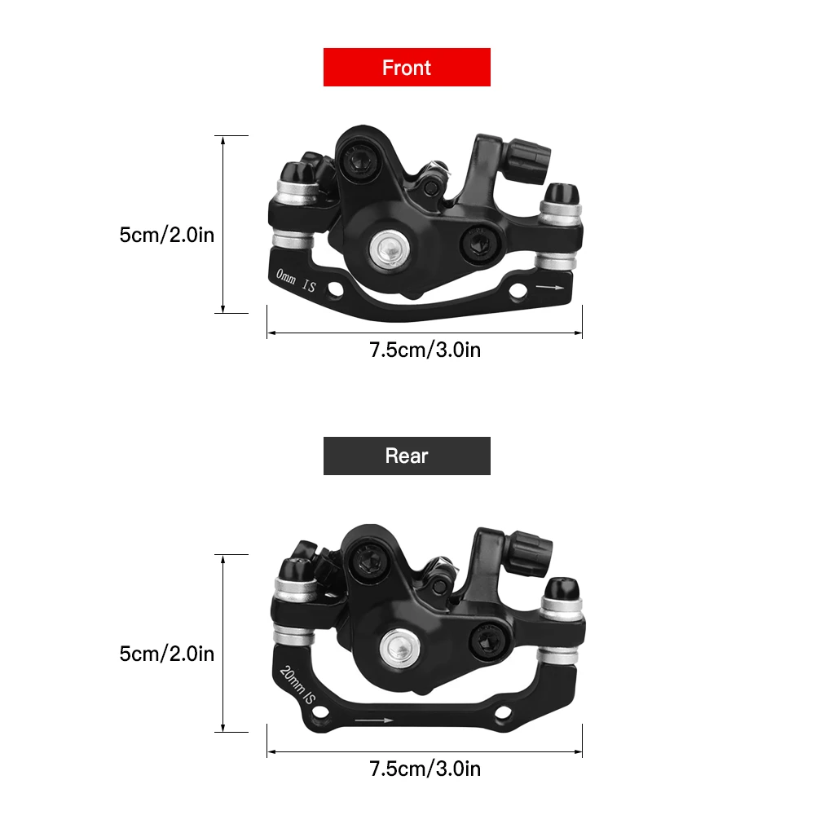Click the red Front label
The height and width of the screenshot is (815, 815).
click(x=407, y=67)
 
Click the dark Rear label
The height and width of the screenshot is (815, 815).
click(x=407, y=456)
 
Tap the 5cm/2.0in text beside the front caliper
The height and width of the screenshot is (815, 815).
click(x=167, y=235)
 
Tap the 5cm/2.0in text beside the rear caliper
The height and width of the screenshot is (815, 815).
click(x=167, y=654)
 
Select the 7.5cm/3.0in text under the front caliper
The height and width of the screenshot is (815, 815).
click(x=425, y=350)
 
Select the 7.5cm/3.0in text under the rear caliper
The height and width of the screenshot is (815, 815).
click(x=425, y=769)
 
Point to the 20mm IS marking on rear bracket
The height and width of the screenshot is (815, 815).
click(x=297, y=685)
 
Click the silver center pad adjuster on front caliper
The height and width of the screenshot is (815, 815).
click(x=390, y=249)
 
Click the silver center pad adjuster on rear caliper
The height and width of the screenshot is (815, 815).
click(x=399, y=649)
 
